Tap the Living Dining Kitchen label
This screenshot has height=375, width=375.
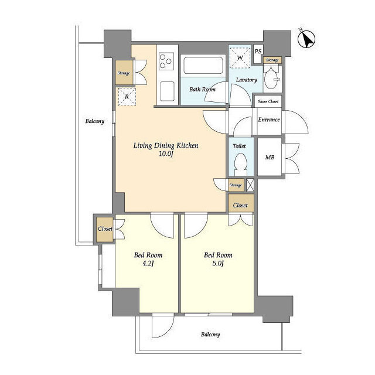coord(166,145)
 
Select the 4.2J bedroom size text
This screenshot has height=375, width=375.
coord(148,264)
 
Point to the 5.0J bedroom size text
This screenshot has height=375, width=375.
coord(218,264)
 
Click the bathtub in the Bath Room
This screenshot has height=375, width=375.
coord(202,65)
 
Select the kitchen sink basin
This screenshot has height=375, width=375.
coord(167,90)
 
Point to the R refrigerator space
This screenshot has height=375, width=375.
coord(127,97)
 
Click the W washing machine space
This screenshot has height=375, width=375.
coord(240,57)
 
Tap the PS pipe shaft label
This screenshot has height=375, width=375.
coord(258,50)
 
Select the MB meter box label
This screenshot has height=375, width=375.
coord(269,158)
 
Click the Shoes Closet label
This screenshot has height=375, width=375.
coord(268,102)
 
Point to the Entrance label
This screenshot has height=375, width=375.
coord(269,120)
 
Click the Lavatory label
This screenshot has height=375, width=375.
coord(247,80)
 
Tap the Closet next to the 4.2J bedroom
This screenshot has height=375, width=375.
coord(105,229)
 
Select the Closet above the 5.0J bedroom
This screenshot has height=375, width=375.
coord(240,206)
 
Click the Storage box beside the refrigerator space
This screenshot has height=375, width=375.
coord(124,73)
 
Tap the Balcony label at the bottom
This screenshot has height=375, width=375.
coord(210,335)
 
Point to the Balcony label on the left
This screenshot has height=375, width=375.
coord(94,121)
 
